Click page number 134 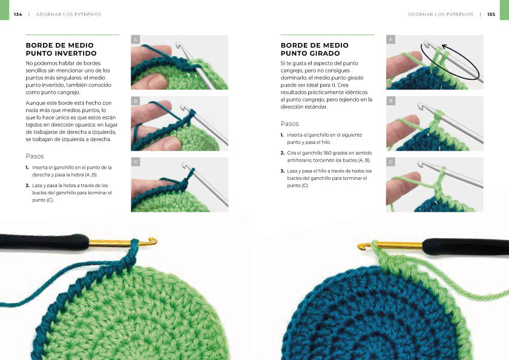click(18, 15)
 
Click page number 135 click(491, 15)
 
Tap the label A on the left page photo click(136, 39)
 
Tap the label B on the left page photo click(136, 101)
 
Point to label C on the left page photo click(136, 162)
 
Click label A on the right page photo click(390, 39)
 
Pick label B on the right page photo click(390, 101)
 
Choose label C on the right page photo click(390, 162)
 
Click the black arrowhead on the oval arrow click(445, 47)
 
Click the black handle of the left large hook click(44, 242)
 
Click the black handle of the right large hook click(466, 246)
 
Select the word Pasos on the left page click(34, 156)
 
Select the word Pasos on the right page click(289, 123)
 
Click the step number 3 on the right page click(282, 171)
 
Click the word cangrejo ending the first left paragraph click(69, 93)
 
